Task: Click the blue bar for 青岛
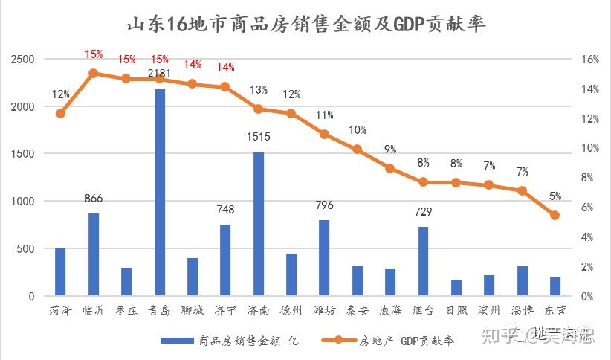pyautogui.click(x=160, y=193)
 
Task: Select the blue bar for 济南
pyautogui.click(x=259, y=224)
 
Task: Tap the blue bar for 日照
pyautogui.click(x=456, y=288)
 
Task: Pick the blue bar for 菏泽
pyautogui.click(x=61, y=272)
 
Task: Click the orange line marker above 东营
pyautogui.click(x=555, y=215)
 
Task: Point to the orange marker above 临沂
pyautogui.click(x=94, y=73)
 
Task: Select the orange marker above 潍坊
pyautogui.click(x=324, y=134)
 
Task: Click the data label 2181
pyautogui.click(x=160, y=74)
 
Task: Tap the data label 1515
pyautogui.click(x=259, y=137)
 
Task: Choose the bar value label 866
pyautogui.click(x=94, y=199)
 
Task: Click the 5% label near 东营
pyautogui.click(x=555, y=196)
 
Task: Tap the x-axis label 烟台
pyautogui.click(x=423, y=310)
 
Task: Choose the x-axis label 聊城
pyautogui.click(x=193, y=310)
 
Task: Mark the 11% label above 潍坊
pyautogui.click(x=324, y=115)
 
